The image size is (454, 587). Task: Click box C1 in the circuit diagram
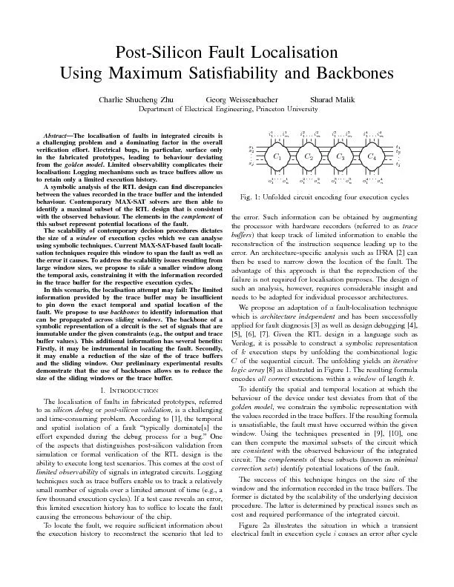click(277, 158)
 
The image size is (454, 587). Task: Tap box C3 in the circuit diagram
click(340, 158)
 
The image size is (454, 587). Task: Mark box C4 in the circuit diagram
click(372, 158)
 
